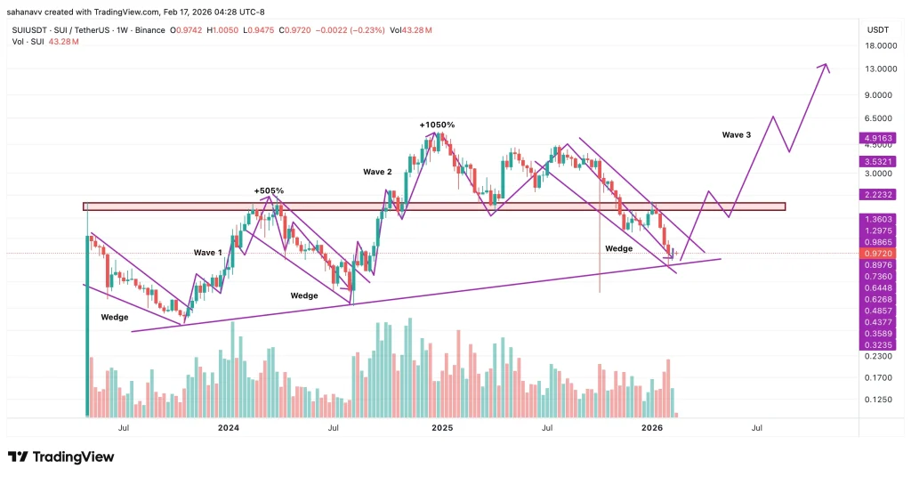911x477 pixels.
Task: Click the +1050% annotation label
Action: click(437, 125)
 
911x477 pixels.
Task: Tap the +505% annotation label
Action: click(269, 190)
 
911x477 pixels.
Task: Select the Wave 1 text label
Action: click(208, 253)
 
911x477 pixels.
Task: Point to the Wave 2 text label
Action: click(377, 171)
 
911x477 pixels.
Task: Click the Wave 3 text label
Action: click(736, 134)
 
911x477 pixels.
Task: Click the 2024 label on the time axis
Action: click(229, 428)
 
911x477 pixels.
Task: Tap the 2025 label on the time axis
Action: click(442, 428)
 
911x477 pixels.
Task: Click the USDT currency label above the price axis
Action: click(878, 29)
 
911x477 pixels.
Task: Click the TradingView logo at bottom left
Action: click(61, 457)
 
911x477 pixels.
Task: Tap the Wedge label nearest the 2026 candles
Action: click(619, 248)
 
